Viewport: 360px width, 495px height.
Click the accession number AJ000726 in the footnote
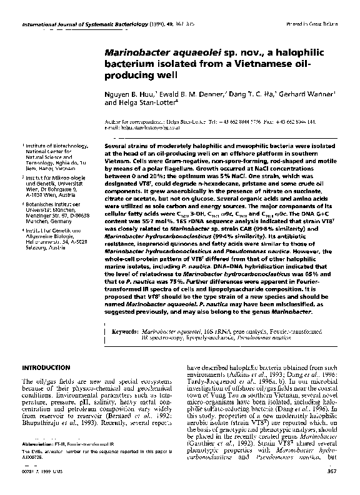(x=34, y=473)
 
